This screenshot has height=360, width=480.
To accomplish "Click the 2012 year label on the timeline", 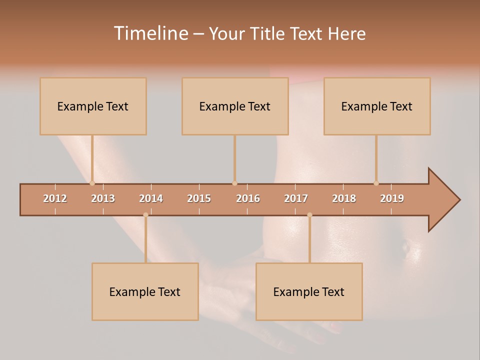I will click(55, 198).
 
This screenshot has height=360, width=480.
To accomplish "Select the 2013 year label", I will click(103, 198).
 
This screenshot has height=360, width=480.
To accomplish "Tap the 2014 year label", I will click(151, 198).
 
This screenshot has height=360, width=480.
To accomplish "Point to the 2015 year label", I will click(199, 198).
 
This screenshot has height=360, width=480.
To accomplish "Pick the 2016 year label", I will click(248, 198).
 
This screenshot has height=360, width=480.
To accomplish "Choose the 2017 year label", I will click(296, 198).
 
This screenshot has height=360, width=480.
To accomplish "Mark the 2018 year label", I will click(344, 198).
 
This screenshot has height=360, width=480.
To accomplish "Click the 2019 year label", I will click(392, 198).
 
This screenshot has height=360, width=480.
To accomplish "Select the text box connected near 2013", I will click(93, 106).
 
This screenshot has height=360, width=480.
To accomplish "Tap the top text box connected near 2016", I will click(235, 106).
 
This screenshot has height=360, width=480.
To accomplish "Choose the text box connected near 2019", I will click(377, 106).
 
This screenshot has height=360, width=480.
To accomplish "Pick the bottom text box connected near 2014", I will click(145, 291).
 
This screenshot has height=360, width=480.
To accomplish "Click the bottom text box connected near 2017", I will click(309, 291).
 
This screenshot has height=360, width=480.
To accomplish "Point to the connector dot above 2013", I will click(92, 183).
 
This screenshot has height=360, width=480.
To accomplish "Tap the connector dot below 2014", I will click(145, 215).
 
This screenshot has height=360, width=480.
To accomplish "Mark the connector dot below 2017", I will click(309, 215).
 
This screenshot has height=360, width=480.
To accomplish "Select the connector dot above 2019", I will click(376, 183).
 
